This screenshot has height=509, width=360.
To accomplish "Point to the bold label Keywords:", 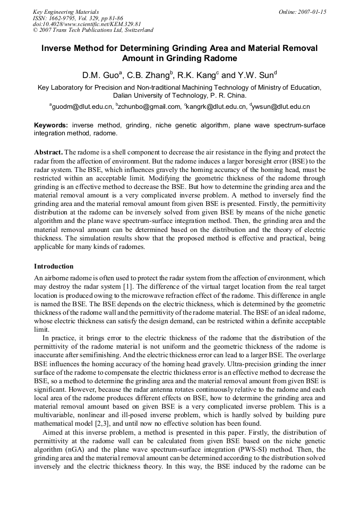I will tap(51, 125).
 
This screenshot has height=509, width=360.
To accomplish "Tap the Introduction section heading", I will tap(54, 266).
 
